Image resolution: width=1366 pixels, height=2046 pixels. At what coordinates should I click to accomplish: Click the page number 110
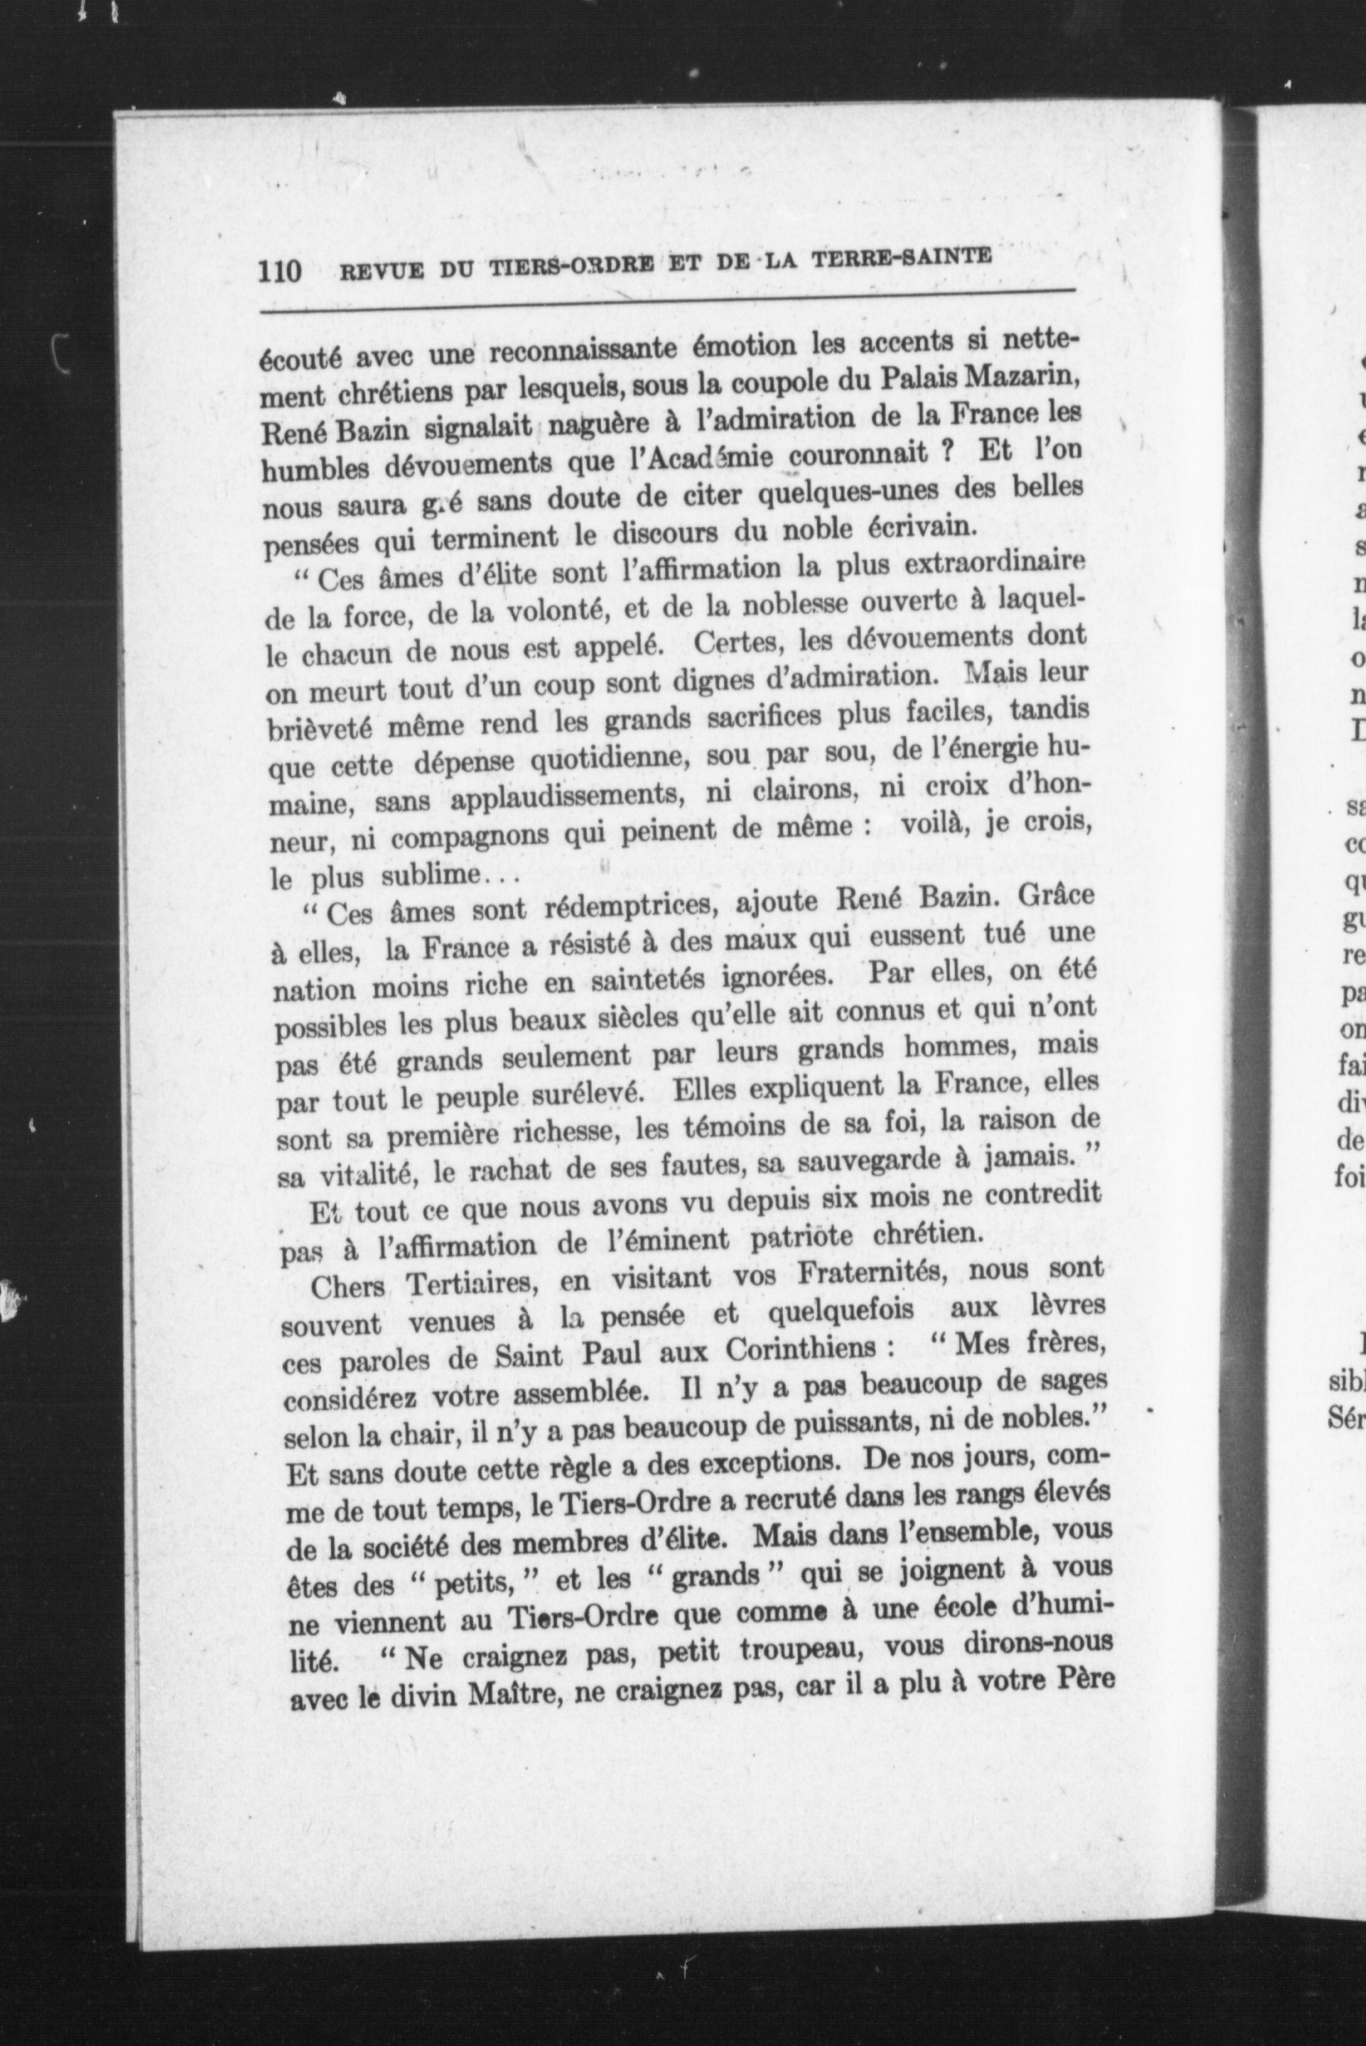tap(280, 271)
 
